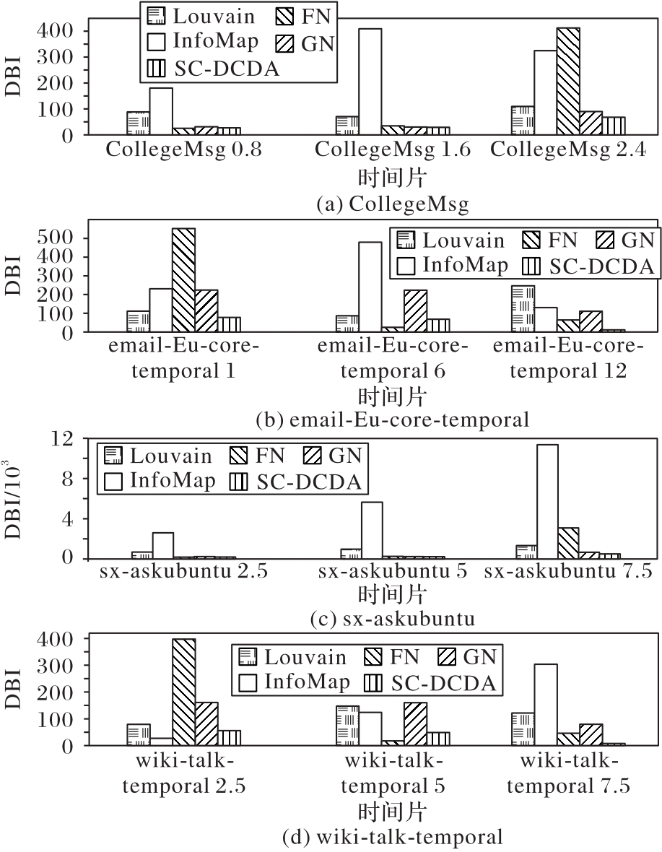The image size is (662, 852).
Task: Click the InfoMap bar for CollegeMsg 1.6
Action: click(370, 82)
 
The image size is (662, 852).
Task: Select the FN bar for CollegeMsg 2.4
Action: click(567, 81)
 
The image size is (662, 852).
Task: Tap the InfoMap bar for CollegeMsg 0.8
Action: click(160, 111)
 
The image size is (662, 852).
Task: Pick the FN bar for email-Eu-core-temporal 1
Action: click(183, 280)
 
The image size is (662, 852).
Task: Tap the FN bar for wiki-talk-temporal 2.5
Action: click(183, 692)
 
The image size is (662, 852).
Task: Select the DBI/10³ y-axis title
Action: click(16, 500)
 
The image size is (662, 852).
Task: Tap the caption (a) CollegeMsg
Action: click(393, 204)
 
